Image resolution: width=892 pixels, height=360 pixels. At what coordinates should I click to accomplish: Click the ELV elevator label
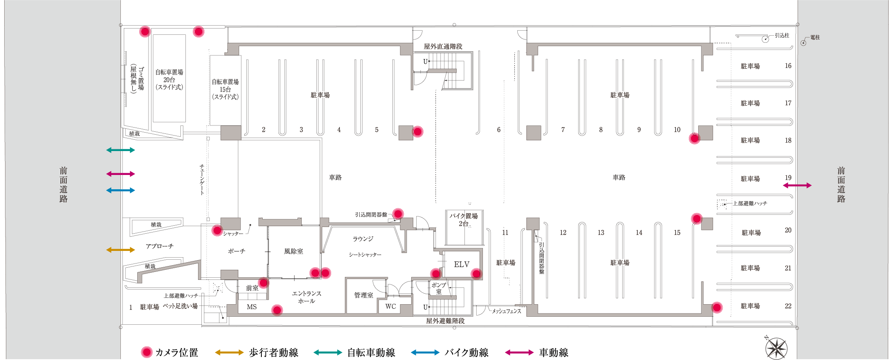click(x=462, y=264)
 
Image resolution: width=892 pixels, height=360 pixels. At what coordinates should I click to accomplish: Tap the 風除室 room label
click(x=293, y=251)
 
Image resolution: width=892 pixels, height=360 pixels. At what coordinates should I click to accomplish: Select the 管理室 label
click(x=363, y=295)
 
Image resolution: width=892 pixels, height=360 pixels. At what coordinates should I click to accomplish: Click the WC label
click(x=391, y=307)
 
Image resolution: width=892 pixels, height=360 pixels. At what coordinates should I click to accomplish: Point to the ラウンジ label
click(x=363, y=239)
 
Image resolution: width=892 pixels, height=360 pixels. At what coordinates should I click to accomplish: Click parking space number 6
click(x=498, y=130)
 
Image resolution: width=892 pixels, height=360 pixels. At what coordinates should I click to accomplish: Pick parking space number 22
click(x=788, y=306)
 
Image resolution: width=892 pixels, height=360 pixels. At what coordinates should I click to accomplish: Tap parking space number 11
click(x=505, y=232)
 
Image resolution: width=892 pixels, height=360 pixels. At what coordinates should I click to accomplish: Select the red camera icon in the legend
click(x=146, y=352)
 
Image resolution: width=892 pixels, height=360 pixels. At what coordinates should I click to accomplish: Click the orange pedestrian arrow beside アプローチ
click(x=120, y=250)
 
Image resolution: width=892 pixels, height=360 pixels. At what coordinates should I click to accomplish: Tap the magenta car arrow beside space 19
click(x=797, y=185)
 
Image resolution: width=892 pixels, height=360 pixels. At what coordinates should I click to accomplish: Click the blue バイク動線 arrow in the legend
click(x=425, y=352)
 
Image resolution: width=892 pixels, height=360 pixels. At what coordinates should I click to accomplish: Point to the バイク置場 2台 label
click(x=464, y=219)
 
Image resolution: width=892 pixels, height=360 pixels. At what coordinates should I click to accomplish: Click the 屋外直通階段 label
click(x=443, y=47)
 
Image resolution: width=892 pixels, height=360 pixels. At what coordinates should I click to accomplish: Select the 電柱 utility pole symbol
click(x=803, y=43)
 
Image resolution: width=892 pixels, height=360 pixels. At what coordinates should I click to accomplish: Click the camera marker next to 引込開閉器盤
click(x=398, y=214)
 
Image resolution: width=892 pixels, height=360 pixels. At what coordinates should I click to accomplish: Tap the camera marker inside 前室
click(x=263, y=283)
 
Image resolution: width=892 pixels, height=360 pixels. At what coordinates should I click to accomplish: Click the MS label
click(x=252, y=307)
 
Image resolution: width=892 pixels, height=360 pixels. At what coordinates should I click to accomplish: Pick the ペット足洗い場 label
click(x=180, y=306)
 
